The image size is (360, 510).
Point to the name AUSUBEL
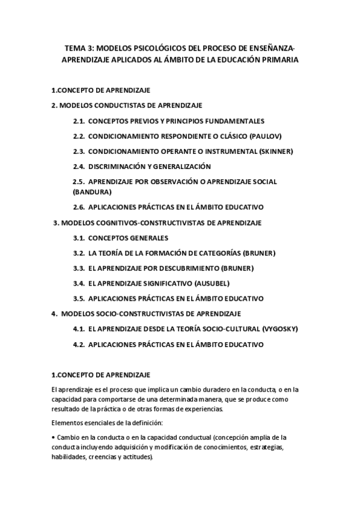pos(212,283)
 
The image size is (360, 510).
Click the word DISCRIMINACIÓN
pos(117,166)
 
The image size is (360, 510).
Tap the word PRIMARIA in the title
pos(278,60)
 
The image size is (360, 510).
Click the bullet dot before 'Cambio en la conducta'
pos(53,437)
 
